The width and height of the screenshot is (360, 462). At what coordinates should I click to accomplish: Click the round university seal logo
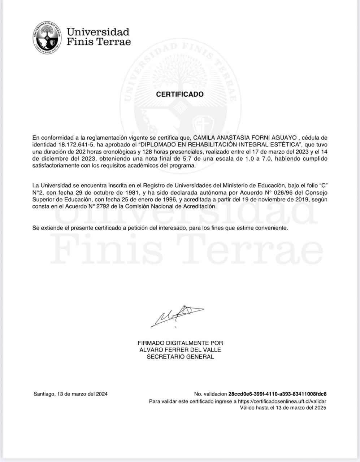[46, 38]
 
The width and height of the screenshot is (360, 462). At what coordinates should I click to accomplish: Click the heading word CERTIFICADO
[180, 94]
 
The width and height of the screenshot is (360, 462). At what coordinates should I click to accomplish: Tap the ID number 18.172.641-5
[76, 145]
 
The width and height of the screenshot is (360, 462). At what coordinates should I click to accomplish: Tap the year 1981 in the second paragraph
[130, 192]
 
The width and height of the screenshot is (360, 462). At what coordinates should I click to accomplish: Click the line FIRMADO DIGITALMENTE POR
[180, 343]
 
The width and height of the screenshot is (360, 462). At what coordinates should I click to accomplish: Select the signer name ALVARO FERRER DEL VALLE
[180, 350]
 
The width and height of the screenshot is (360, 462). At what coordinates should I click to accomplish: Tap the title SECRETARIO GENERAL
[180, 357]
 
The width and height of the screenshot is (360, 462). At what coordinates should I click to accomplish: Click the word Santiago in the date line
[44, 394]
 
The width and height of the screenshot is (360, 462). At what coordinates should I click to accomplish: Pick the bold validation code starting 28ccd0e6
[277, 394]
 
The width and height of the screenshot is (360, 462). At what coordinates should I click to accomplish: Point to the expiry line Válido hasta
[283, 408]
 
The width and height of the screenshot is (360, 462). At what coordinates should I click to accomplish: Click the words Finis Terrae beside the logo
[99, 42]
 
